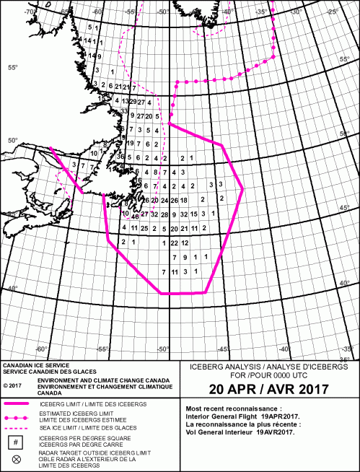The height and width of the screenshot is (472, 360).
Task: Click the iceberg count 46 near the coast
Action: (135, 217)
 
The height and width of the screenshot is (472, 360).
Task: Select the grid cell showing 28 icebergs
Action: (164, 215)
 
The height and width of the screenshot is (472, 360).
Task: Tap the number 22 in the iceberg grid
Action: (174, 243)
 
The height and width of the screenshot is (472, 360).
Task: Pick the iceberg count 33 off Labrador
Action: (125, 111)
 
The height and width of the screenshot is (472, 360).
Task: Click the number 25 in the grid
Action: (145, 229)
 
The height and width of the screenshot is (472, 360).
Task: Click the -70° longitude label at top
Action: (30, 12)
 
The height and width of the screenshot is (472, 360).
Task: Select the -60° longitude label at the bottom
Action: (41, 349)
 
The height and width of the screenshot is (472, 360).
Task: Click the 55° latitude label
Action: (12, 68)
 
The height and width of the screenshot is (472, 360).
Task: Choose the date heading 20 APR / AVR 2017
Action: (268, 389)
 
